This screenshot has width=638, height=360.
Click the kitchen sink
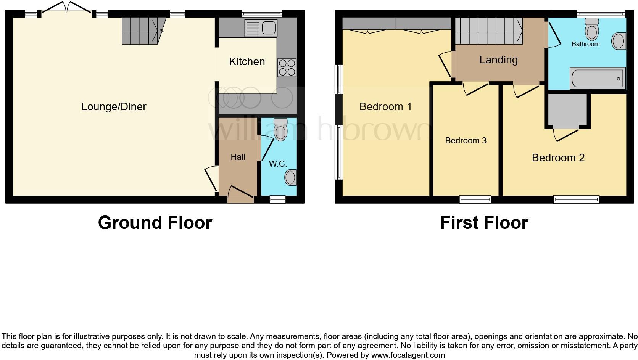coord(261,28)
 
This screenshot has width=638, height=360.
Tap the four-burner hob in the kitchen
coord(287,67)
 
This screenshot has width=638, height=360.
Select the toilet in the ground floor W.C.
coord(280,129)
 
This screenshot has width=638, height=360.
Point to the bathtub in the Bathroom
coord(597,79)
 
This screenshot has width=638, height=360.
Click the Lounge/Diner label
coord(114,107)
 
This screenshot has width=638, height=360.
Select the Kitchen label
coord(247,62)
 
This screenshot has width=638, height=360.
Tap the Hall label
coord(238,157)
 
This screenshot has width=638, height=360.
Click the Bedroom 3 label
coord(466,141)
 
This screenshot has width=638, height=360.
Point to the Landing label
coord(498,60)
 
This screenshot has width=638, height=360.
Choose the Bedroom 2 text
coord(558,157)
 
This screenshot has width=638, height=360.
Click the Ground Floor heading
coord(155,223)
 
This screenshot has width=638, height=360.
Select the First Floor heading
coord(484,223)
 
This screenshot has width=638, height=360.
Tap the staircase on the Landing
coord(488,31)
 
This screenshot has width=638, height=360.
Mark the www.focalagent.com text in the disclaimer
coord(408,355)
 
